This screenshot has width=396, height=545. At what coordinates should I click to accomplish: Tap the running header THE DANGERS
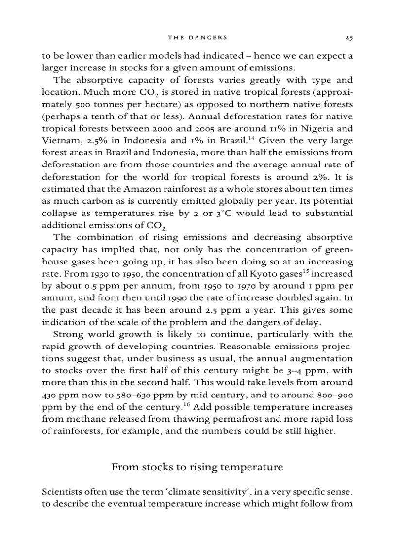198,37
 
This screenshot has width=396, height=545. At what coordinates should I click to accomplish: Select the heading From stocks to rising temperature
197,467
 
